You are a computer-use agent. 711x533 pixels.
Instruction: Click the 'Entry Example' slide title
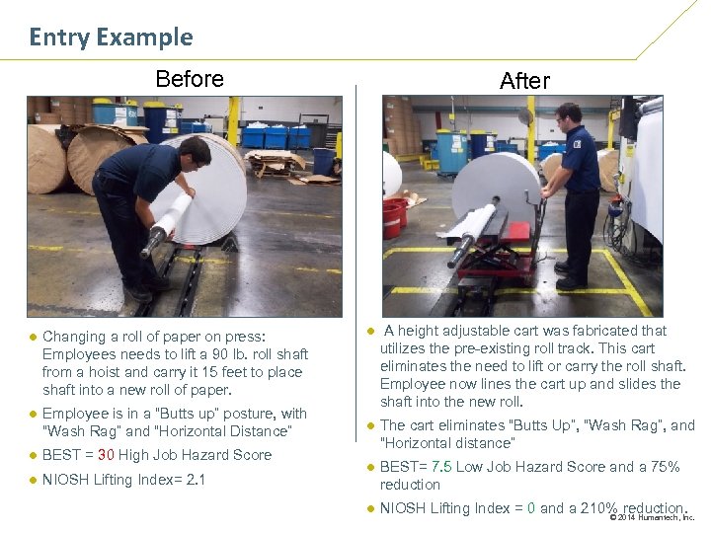111,38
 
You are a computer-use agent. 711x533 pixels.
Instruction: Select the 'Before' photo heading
190,79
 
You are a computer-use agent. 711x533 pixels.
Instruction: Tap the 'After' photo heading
524,81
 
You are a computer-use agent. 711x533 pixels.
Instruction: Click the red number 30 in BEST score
106,455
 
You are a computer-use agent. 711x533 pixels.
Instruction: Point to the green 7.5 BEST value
441,466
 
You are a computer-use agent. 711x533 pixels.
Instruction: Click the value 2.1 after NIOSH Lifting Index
196,480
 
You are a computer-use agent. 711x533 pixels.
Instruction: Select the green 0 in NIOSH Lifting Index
531,508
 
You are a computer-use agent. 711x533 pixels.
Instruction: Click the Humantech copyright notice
652,517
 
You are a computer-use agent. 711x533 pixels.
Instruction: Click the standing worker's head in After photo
569,118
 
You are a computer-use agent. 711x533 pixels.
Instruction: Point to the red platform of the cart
517,230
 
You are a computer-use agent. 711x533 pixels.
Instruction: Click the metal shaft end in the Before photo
153,241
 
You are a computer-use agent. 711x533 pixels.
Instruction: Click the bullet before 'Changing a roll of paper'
33,337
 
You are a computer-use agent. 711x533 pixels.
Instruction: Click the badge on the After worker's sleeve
577,144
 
